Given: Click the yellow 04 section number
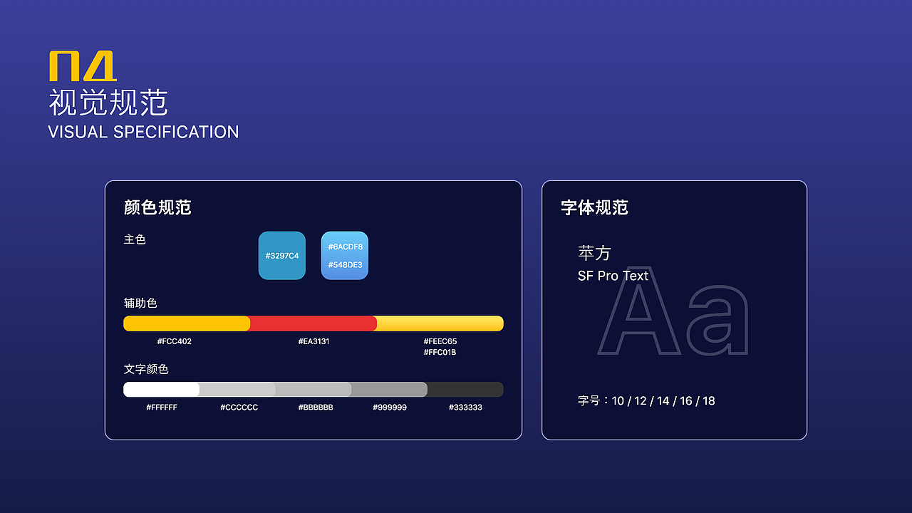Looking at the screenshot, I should coord(83,66).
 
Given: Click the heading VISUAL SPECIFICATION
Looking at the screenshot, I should coord(143,132).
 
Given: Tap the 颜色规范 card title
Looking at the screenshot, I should coord(157,207).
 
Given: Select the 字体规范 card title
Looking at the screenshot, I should coord(594,207).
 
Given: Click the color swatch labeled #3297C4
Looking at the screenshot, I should coord(282,255).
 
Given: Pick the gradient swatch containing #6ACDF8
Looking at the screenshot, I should coord(345,255).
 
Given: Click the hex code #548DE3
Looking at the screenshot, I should coord(345,265).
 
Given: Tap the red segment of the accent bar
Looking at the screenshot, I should coord(313,323).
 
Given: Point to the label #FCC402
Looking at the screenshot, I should coord(174,341).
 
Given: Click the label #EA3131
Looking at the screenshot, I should coord(313,341).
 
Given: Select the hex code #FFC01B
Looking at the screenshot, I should coord(440,352).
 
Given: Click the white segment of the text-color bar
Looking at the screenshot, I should coord(161,390).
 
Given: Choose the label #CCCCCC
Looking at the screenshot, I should coord(239,408).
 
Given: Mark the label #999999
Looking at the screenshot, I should coord(390,408).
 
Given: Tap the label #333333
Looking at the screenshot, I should coord(465,408).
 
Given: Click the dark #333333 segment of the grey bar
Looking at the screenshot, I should coord(465,390).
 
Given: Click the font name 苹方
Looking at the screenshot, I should coord(594,253).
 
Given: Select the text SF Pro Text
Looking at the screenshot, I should coord(613,276).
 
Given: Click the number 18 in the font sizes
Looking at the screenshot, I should coord(708,400).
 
